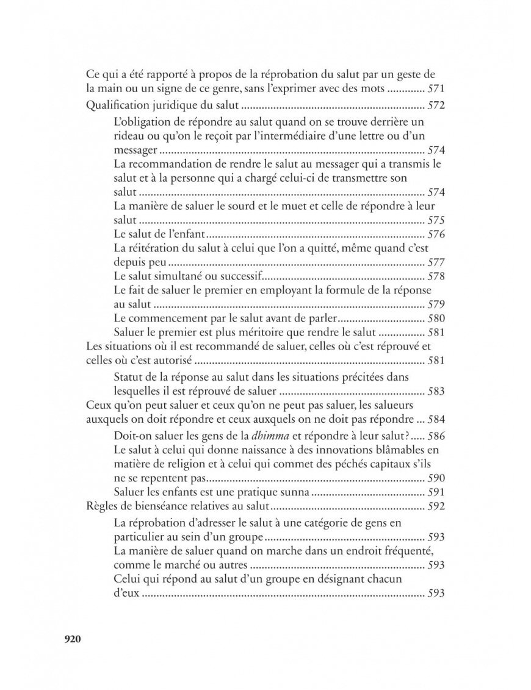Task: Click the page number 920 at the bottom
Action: click(x=72, y=639)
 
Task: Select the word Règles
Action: click(x=98, y=506)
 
